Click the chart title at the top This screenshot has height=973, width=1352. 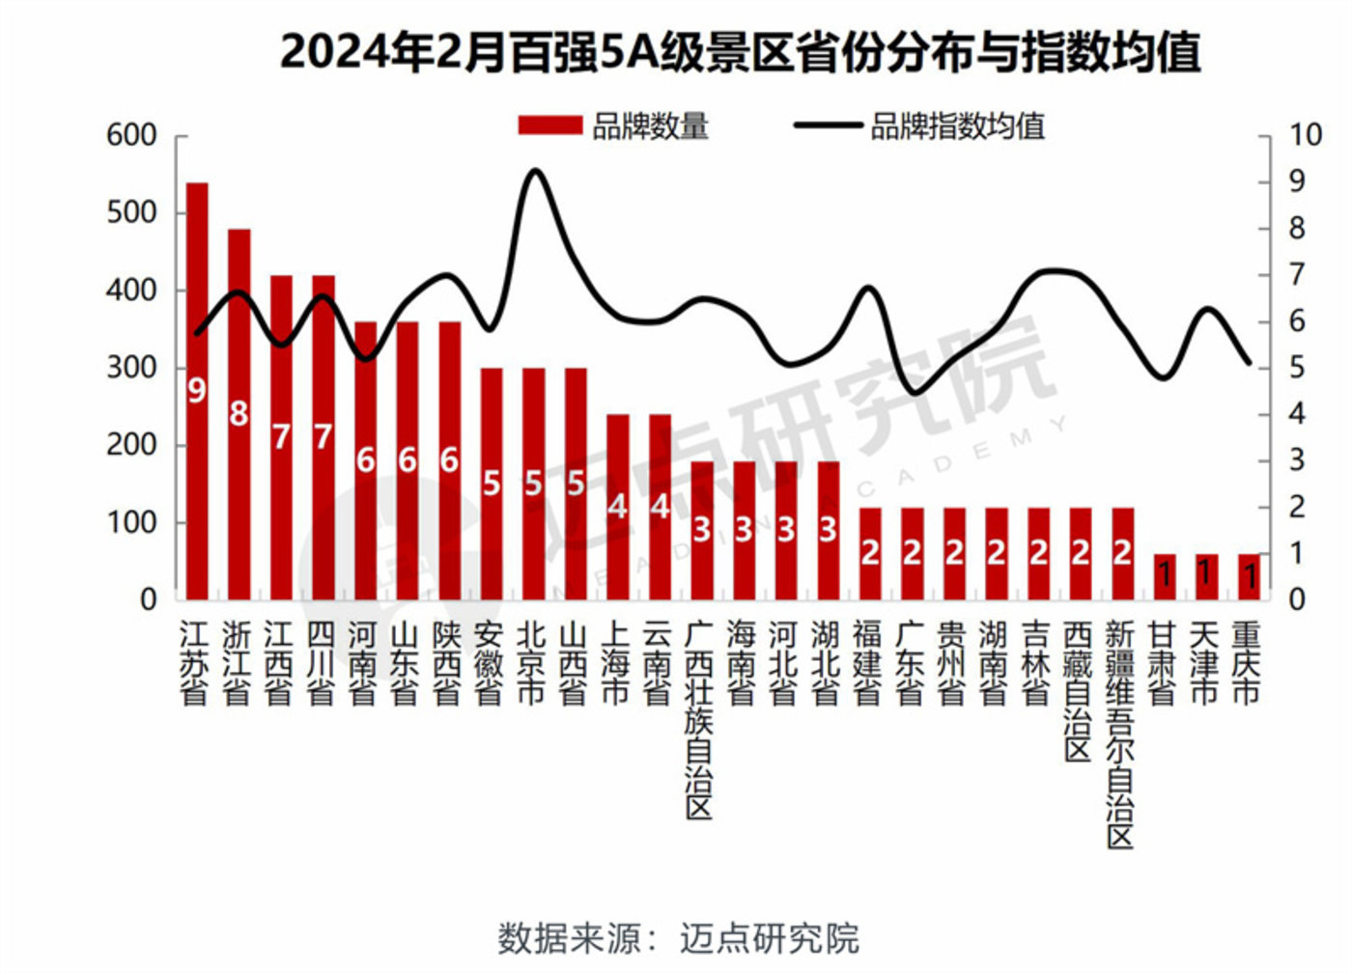coord(740,52)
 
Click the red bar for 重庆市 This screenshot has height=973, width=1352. coord(1249,576)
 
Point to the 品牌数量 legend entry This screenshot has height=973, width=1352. coord(614,126)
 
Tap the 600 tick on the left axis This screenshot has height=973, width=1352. coord(131,135)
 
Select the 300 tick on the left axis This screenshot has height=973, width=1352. coord(131,368)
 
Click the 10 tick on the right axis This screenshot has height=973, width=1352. coord(1304,135)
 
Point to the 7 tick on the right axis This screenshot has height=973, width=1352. coord(1296,275)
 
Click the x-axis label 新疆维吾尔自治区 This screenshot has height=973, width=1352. coord(1120,734)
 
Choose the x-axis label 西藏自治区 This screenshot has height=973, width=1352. coord(1078,690)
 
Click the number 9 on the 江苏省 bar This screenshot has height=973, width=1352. coord(197,390)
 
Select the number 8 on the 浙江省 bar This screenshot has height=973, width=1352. coord(239,413)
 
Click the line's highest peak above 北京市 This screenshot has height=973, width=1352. coord(535,171)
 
